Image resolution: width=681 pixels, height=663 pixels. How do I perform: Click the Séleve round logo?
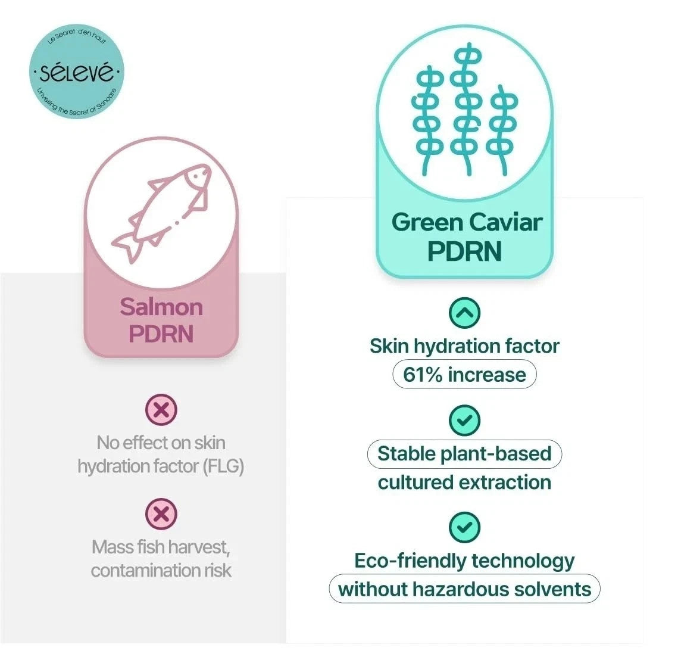point(76,71)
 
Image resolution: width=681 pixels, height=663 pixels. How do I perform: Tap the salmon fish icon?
point(161,213)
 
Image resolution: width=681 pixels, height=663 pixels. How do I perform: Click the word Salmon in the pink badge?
point(161,307)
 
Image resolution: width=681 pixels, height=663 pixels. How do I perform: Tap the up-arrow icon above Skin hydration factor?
point(464,313)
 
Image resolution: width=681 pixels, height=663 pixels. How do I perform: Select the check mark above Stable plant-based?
point(464,420)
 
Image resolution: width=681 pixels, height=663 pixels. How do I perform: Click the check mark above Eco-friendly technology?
point(464,527)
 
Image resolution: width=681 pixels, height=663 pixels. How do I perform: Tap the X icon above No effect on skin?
point(161,409)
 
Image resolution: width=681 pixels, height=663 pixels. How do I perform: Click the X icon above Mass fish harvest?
point(161,514)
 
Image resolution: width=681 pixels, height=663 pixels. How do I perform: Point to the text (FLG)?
point(223,466)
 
